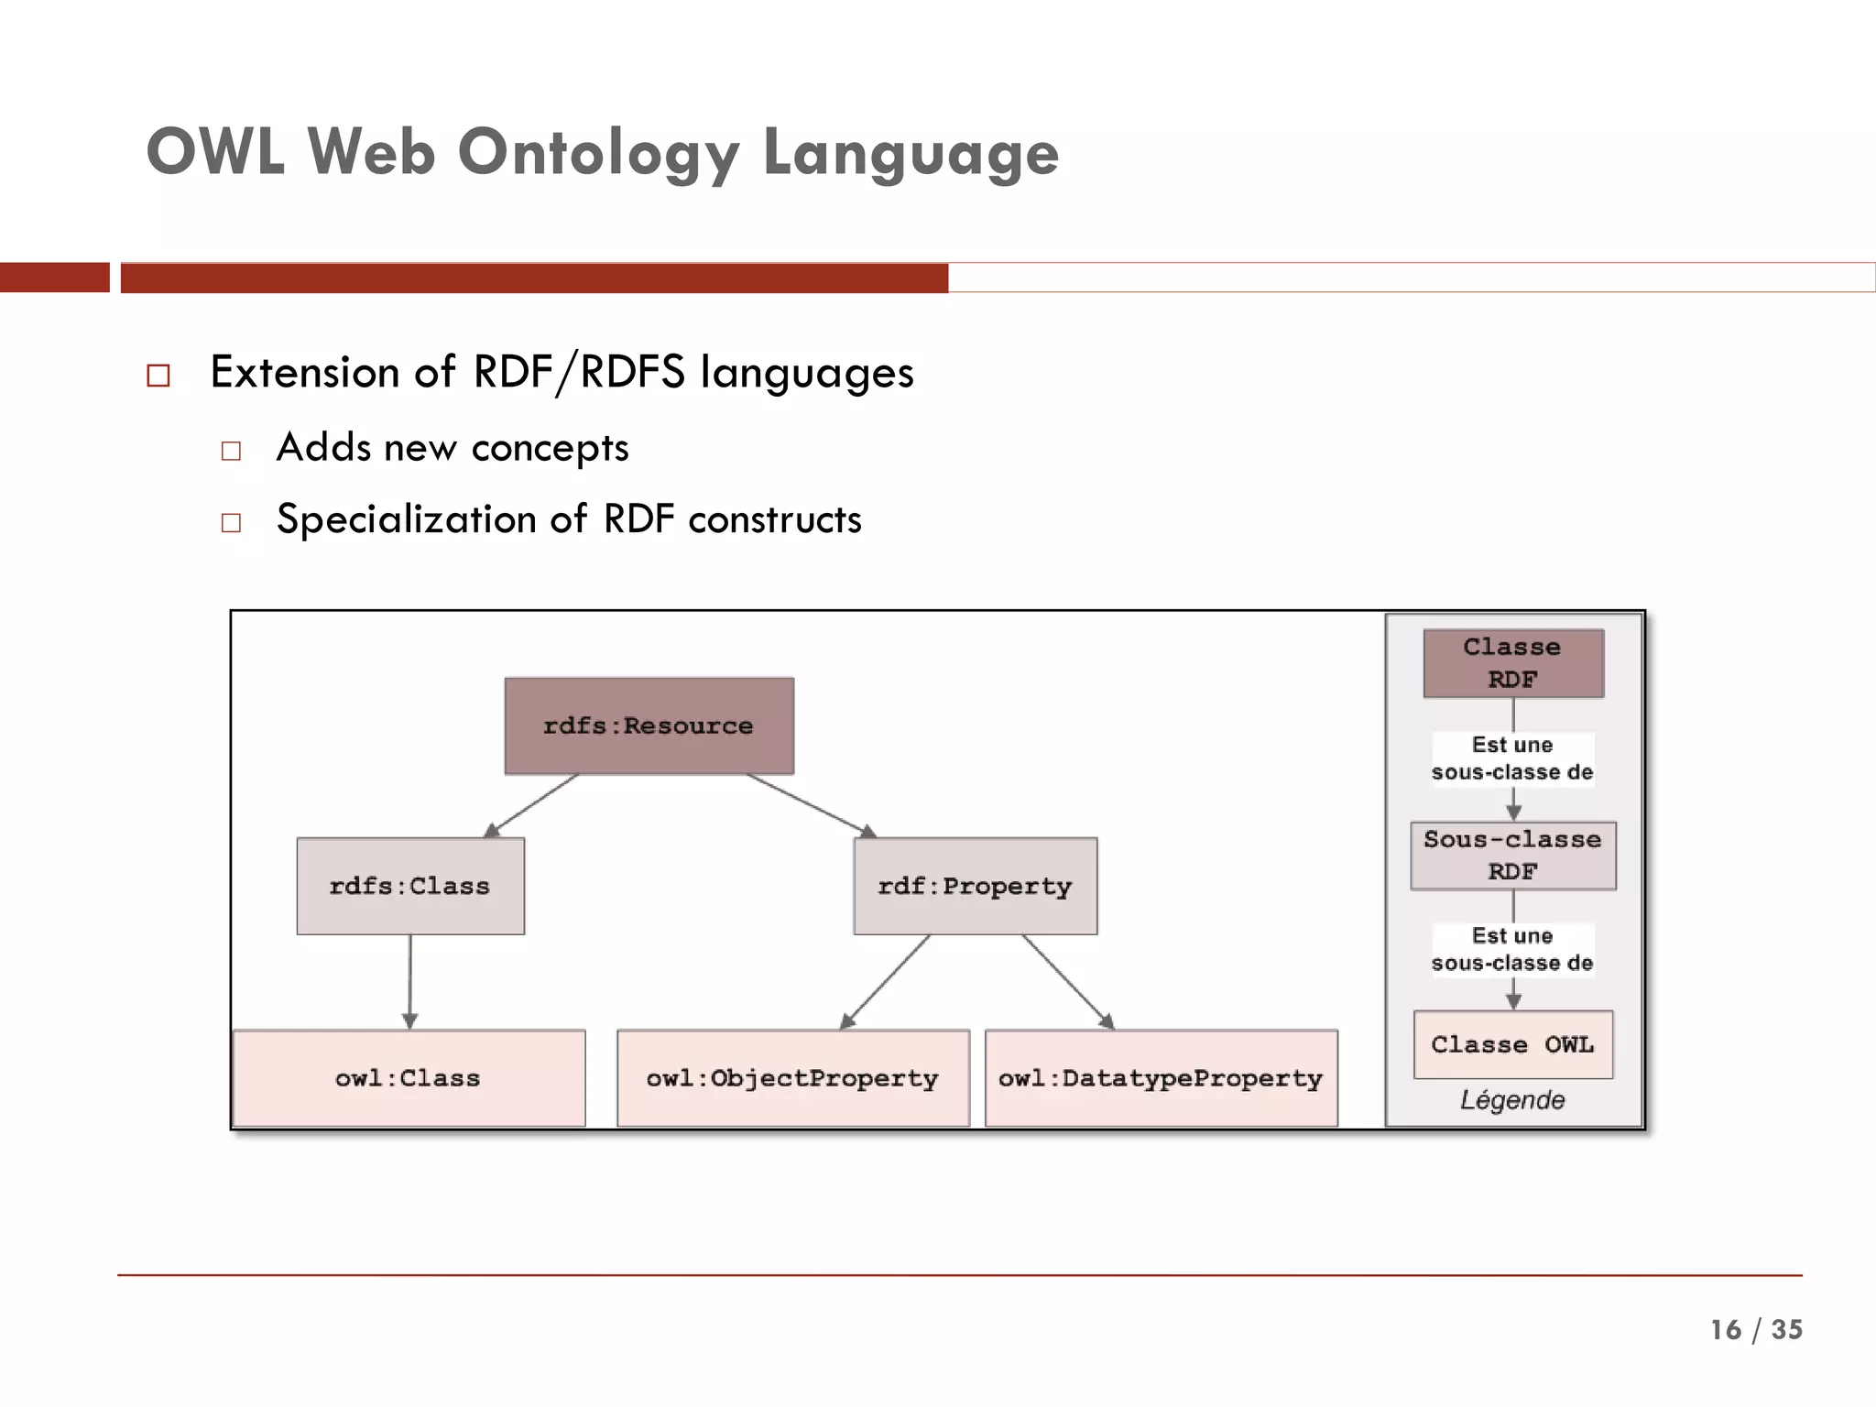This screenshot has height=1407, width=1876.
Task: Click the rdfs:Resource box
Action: coord(649,725)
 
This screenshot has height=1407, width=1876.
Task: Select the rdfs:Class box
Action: coord(410,886)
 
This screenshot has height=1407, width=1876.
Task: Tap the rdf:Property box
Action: coord(975,886)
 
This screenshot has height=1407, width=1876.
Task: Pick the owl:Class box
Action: coord(409,1078)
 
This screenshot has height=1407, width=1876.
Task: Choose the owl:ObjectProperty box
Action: coord(792,1078)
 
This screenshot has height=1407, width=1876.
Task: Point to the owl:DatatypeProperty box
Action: coord(1161,1078)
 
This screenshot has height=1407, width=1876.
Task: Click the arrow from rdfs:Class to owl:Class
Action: coord(409,980)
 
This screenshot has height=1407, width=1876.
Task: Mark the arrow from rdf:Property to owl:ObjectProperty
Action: coord(886,981)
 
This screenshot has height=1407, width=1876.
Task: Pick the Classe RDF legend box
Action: coord(1512,663)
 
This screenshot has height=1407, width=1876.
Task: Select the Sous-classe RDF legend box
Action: coord(1512,856)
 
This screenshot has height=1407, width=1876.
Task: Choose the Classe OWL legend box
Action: coord(1512,1044)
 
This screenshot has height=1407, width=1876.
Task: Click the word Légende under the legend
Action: coord(1512,1100)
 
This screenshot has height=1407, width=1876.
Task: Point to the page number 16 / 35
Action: coord(1755,1329)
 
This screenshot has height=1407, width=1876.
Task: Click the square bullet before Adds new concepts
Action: coord(231,451)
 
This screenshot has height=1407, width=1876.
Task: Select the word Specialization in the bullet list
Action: coord(406,519)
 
